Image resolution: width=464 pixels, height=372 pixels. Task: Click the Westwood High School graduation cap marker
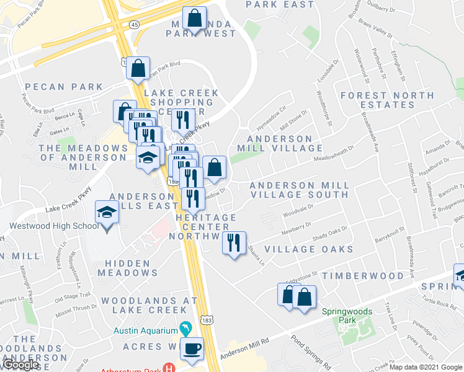click(x=107, y=213)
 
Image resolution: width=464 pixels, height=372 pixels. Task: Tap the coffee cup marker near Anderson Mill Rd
click(x=192, y=348)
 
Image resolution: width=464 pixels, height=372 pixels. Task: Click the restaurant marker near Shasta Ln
click(x=234, y=242)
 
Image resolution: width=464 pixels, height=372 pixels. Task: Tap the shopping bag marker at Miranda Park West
click(x=195, y=19)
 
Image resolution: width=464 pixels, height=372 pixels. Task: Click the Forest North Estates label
click(x=378, y=100)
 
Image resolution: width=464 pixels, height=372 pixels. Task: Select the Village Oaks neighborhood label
click(x=309, y=249)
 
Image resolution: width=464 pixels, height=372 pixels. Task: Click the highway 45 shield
click(x=133, y=24)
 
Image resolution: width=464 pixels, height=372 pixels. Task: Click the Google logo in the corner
click(x=20, y=365)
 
